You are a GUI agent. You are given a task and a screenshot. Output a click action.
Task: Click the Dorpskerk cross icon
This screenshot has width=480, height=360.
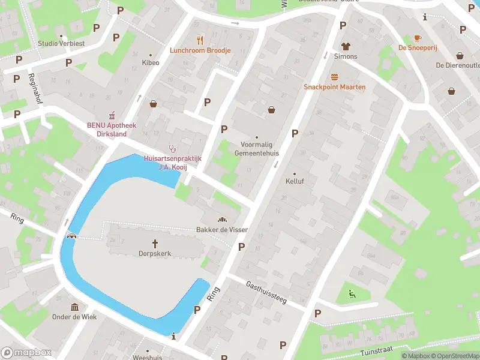pyautogui.click(x=155, y=243)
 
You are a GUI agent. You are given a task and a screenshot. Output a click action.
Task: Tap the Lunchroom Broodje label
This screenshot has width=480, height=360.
pyautogui.click(x=200, y=50)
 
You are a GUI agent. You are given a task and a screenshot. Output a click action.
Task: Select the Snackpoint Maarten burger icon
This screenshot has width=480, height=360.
pyautogui.click(x=334, y=77)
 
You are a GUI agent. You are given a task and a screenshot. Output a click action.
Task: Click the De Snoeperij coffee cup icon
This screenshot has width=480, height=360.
pyautogui.click(x=418, y=37)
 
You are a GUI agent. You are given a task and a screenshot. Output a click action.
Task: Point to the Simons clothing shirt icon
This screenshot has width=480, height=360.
pyautogui.click(x=346, y=46)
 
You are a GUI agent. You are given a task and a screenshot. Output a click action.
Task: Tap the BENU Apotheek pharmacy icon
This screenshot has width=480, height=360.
pyautogui.click(x=111, y=115)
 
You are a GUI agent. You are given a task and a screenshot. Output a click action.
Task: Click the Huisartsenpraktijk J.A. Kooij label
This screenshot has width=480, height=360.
pyautogui.click(x=173, y=163)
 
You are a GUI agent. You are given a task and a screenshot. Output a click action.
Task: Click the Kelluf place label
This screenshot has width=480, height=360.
pyautogui.click(x=295, y=181)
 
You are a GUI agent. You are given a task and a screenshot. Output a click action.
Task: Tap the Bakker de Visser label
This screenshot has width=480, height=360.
pyautogui.click(x=222, y=230)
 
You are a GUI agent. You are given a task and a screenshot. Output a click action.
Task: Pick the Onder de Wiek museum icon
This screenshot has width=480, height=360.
pyautogui.click(x=75, y=307)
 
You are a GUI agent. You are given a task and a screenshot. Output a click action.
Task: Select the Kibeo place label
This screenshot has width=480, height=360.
pyautogui.click(x=150, y=62)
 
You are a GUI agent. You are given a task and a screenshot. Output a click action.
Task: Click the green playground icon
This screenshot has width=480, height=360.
pyautogui.click(x=352, y=294)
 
